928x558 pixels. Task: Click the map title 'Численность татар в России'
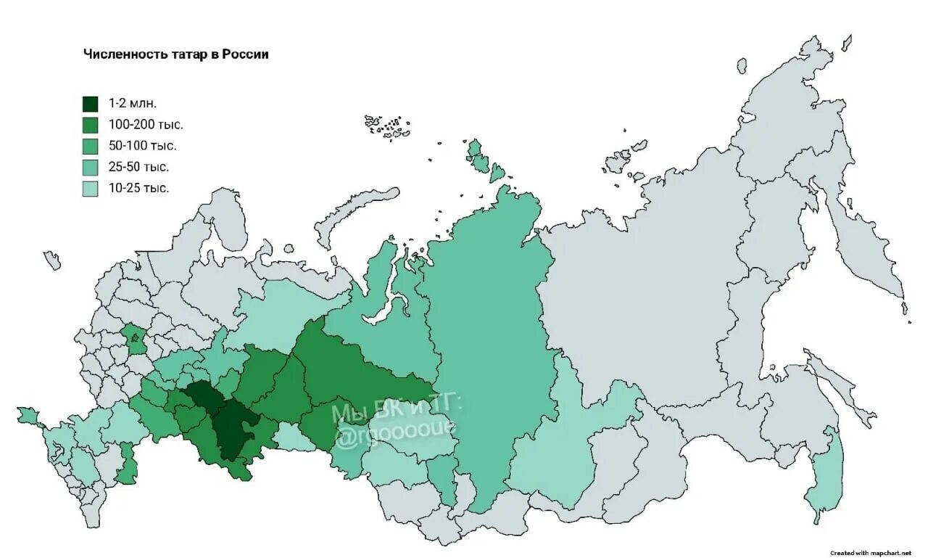pyautogui.click(x=176, y=54)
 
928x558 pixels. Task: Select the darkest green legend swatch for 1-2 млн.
pyautogui.click(x=90, y=103)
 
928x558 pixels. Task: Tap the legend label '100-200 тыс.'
pyautogui.click(x=145, y=124)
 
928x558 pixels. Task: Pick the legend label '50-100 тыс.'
pyautogui.click(x=142, y=146)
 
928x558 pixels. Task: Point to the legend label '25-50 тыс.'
pyautogui.click(x=138, y=167)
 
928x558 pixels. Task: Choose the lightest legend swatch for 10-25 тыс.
pyautogui.click(x=90, y=189)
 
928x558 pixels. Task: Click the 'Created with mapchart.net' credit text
pyautogui.click(x=870, y=553)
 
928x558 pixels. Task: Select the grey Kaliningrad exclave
pyautogui.click(x=51, y=260)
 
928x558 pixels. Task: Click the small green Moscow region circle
pyautogui.click(x=134, y=338)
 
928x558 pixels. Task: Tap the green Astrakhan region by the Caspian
pyautogui.click(x=128, y=464)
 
